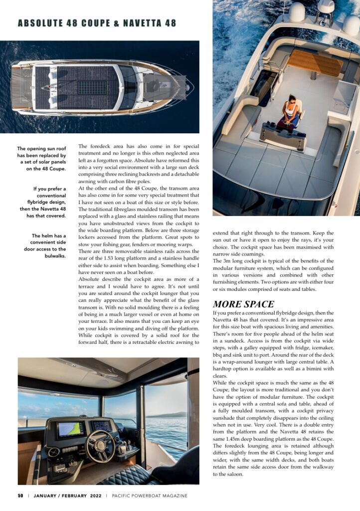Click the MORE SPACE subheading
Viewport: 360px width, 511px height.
[243, 304]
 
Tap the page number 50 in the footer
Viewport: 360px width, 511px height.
[20, 496]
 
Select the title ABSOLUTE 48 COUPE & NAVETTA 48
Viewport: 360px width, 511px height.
[97, 23]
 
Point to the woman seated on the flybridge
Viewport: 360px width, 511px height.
[292, 113]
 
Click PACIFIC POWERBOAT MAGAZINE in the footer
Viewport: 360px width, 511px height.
[150, 496]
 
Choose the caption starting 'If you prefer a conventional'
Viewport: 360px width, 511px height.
[43, 202]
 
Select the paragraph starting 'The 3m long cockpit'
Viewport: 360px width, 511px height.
[280, 274]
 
